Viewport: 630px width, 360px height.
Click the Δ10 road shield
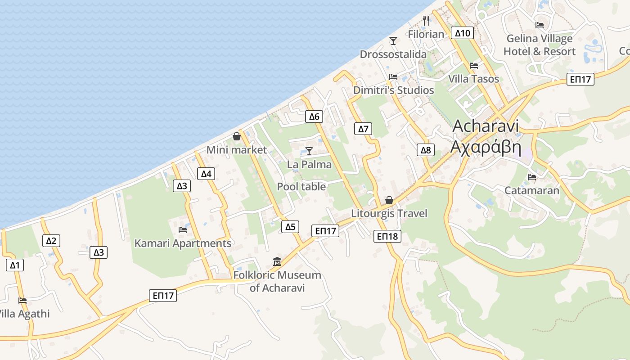point(462,33)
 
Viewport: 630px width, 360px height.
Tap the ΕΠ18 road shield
point(387,236)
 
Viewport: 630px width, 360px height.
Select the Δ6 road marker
point(314,117)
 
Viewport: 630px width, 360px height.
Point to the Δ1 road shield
point(15,265)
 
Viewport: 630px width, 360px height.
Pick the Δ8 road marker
point(426,150)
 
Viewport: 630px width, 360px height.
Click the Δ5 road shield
point(291,227)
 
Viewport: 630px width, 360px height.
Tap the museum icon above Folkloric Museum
point(277,261)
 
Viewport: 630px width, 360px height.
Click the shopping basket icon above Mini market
point(237,136)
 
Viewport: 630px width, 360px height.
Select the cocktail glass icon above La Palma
point(309,151)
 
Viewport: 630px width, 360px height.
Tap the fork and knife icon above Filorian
point(426,20)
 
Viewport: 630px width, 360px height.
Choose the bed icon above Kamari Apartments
point(183,229)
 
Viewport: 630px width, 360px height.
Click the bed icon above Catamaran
point(532,177)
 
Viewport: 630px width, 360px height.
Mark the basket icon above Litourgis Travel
point(389,200)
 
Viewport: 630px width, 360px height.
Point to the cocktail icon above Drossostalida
point(393,41)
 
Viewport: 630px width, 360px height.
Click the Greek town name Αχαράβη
point(486,147)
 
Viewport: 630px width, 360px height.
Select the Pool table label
point(301,186)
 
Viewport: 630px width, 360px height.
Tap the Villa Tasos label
point(473,79)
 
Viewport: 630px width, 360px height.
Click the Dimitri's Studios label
point(393,90)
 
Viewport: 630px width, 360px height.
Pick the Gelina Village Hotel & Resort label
point(539,45)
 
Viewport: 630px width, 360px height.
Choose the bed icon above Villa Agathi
point(22,300)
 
